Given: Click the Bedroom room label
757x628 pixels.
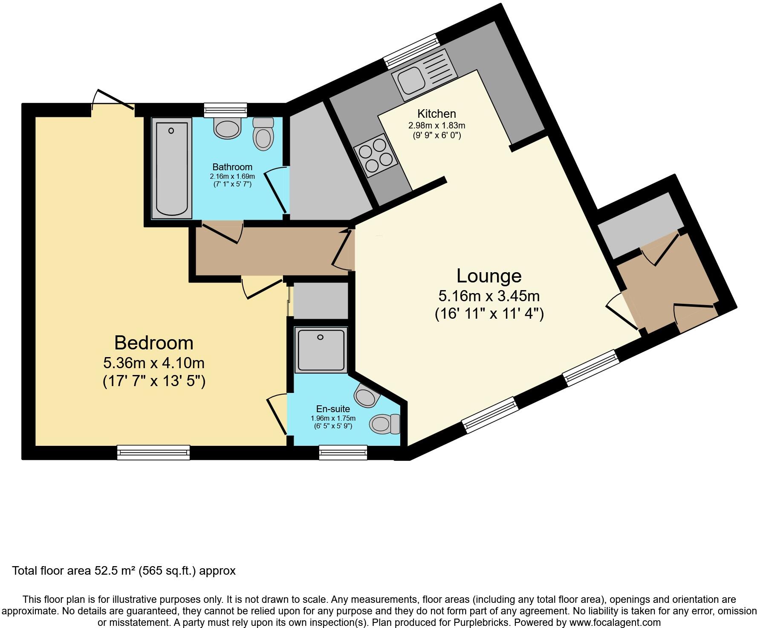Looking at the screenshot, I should pyautogui.click(x=154, y=343).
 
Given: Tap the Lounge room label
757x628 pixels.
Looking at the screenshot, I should pyautogui.click(x=489, y=276).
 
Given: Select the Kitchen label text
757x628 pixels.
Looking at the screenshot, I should pyautogui.click(x=436, y=114).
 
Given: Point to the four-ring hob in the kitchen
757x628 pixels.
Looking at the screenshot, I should pyautogui.click(x=376, y=155).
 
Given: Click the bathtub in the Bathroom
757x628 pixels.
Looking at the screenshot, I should pyautogui.click(x=171, y=169).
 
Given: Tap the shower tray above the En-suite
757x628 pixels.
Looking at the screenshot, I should pyautogui.click(x=321, y=349).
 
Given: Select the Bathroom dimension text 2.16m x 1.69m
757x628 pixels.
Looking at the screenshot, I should pyautogui.click(x=232, y=176).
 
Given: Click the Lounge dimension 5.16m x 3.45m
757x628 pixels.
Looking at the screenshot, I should pyautogui.click(x=489, y=296).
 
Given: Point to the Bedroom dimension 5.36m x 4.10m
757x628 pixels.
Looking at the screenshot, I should pyautogui.click(x=154, y=363).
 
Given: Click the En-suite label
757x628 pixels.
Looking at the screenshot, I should pyautogui.click(x=333, y=409).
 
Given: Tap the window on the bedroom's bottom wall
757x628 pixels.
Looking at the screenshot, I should pyautogui.click(x=153, y=452).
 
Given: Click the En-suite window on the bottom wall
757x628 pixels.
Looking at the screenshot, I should pyautogui.click(x=343, y=452).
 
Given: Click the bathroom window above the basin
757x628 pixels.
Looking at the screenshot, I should pyautogui.click(x=225, y=110).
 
